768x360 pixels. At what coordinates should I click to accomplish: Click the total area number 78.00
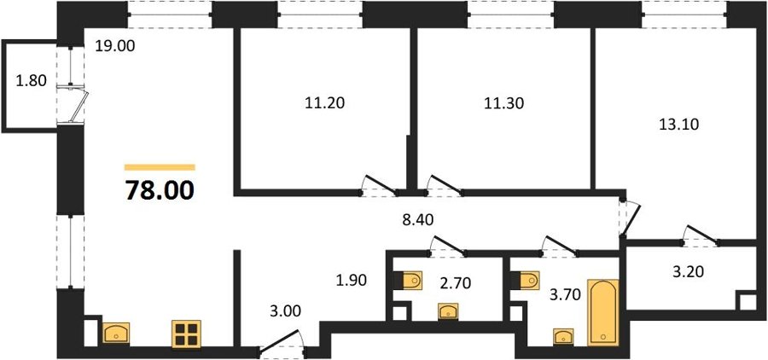(x=160, y=190)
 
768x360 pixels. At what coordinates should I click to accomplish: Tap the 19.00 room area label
(x=114, y=48)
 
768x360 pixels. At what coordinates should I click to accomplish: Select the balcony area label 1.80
(x=32, y=80)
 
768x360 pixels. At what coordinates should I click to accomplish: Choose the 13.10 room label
(x=678, y=125)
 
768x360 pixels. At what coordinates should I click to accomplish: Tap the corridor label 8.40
(x=419, y=220)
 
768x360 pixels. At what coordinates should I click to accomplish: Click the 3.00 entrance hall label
(x=285, y=311)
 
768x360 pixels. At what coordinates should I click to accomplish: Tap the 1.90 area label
(x=352, y=281)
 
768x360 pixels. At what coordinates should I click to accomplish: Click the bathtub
(x=602, y=313)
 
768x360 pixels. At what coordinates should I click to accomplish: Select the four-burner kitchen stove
(x=187, y=334)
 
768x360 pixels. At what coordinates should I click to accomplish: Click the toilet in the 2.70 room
(x=408, y=281)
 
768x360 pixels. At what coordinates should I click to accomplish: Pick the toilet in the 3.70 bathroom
(x=525, y=281)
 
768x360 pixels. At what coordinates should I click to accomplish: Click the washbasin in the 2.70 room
(x=448, y=311)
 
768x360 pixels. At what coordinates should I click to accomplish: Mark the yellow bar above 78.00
(x=160, y=167)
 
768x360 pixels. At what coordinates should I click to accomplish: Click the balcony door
(x=79, y=105)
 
